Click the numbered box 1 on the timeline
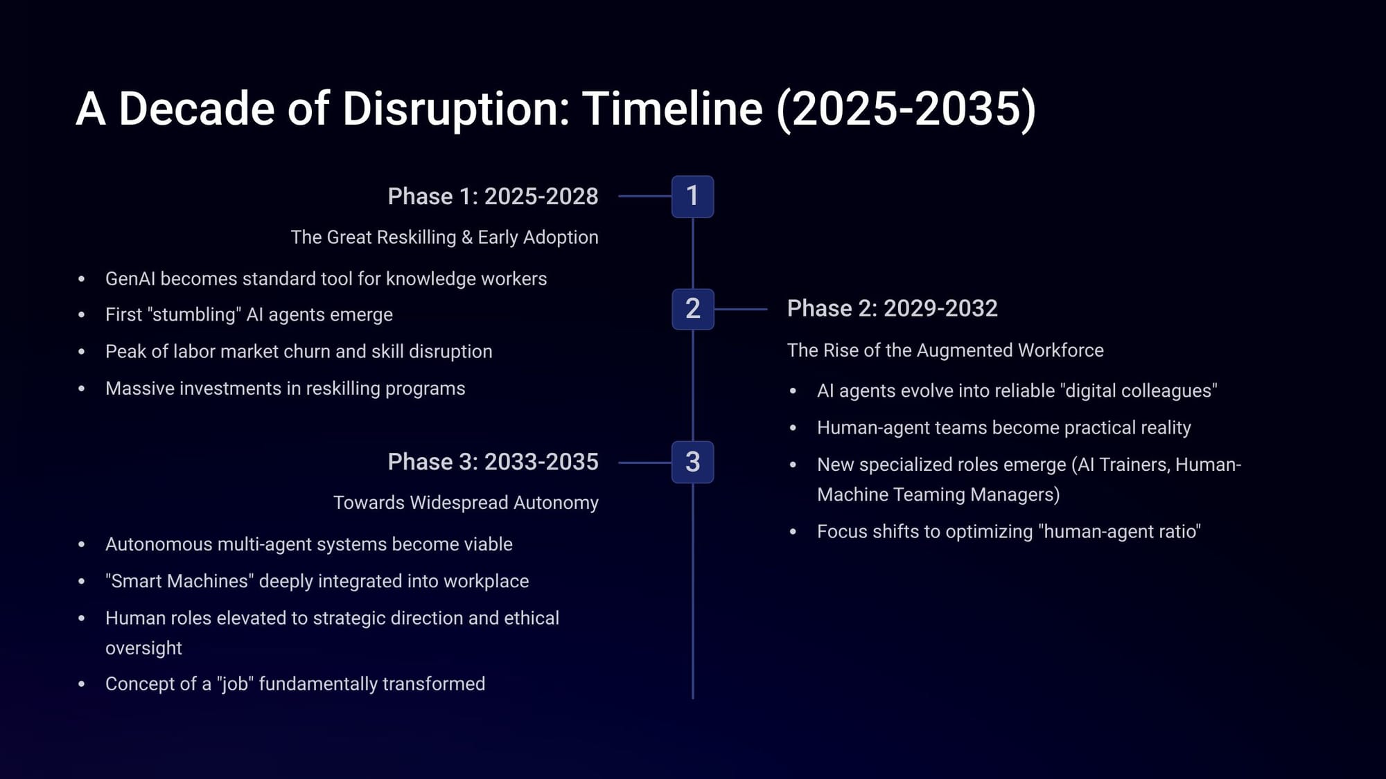692,197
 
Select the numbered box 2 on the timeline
692,309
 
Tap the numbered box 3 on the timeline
692,462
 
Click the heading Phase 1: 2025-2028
493,197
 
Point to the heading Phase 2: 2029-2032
893,309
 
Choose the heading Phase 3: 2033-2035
493,462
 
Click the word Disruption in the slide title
456,109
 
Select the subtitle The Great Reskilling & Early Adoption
444,238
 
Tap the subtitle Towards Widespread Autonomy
466,503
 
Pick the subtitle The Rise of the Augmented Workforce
945,350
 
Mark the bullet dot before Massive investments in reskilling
82,389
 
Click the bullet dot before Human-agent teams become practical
793,429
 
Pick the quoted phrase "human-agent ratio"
1119,532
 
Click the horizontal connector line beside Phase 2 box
741,309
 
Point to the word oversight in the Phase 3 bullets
143,648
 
